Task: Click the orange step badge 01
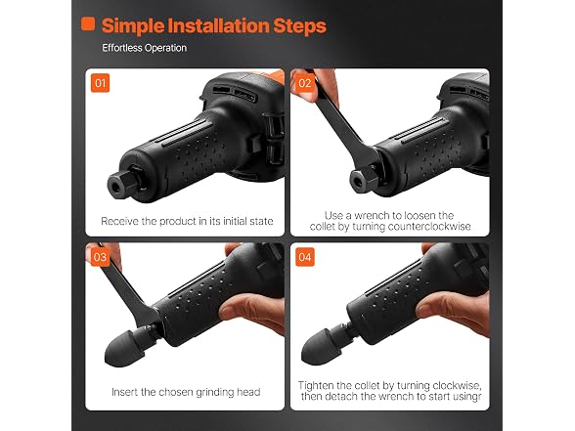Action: coord(100,83)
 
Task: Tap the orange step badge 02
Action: coord(305,83)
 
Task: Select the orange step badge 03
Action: coord(100,257)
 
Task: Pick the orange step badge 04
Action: coord(305,257)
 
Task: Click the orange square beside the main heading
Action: coord(88,23)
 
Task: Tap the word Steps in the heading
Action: coord(299,26)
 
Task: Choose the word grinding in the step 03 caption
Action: coord(215,393)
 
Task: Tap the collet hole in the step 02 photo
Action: coord(356,180)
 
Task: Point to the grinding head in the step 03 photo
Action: coord(125,347)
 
